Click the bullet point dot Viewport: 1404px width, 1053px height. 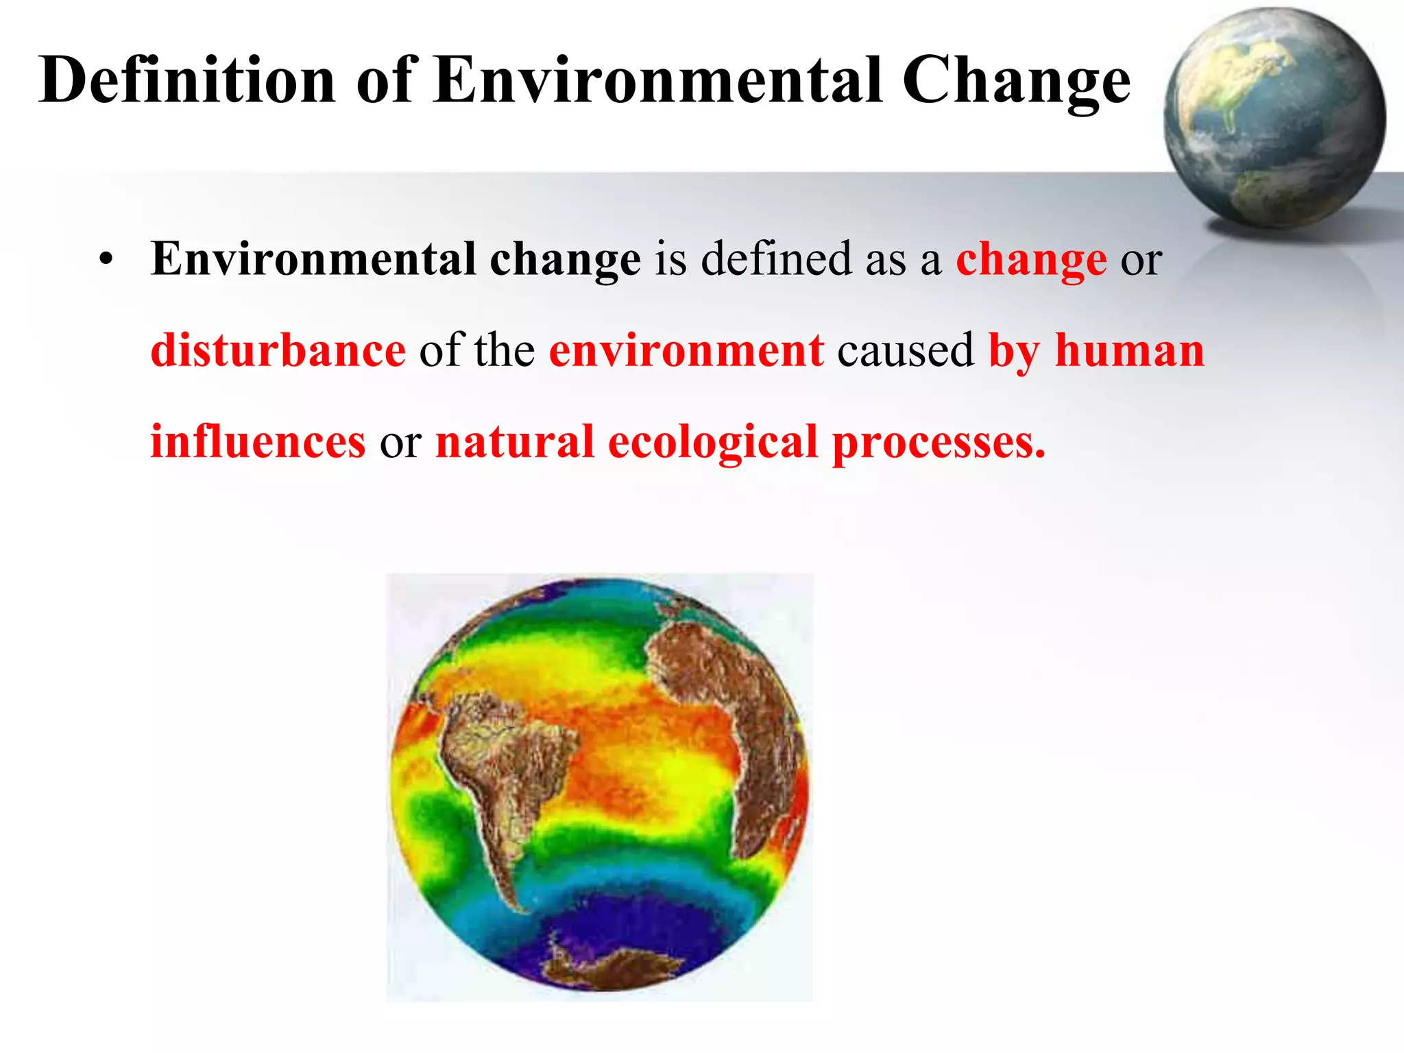(105, 261)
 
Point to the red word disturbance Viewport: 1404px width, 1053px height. (278, 350)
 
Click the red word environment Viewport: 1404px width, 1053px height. (686, 350)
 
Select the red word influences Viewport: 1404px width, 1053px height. (258, 441)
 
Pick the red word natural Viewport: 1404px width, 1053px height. (514, 441)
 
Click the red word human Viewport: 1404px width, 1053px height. (1129, 350)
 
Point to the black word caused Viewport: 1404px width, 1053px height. (905, 350)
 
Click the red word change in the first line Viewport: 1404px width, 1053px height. (1031, 261)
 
